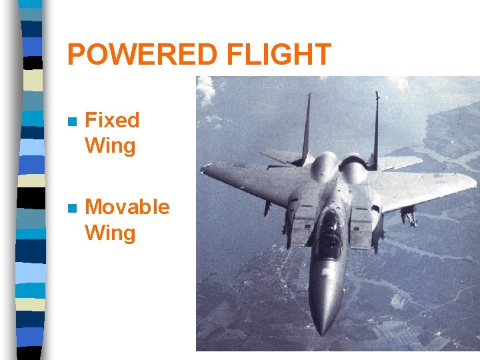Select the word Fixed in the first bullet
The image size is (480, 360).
coord(112,121)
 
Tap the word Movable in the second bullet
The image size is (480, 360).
coord(127,207)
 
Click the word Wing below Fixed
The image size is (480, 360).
coord(110,146)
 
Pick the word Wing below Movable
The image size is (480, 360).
coord(110,233)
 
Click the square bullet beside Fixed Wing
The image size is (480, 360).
coord(73,123)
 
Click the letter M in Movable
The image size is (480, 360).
coord(95,207)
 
